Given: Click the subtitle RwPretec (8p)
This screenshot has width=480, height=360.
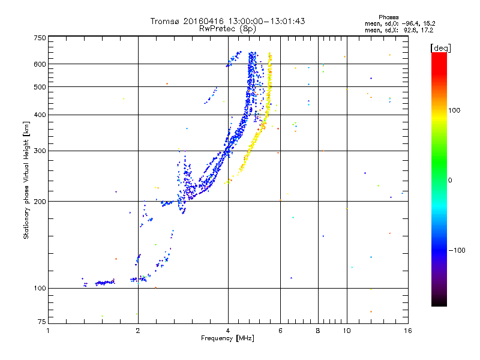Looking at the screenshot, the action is (227, 29).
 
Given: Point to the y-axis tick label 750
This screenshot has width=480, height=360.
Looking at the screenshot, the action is (40, 38).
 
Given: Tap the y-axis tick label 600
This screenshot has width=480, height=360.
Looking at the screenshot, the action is (40, 64).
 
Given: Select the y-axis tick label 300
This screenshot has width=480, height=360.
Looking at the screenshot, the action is (40, 151).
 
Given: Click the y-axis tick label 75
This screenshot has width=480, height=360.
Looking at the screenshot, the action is (42, 322).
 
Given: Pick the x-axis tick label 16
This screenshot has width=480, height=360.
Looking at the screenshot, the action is (408, 331).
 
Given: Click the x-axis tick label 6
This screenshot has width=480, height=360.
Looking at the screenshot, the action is (280, 331).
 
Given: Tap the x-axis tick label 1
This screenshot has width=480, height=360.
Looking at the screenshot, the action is (48, 331).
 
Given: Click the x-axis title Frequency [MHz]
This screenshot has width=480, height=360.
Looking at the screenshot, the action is (227, 338).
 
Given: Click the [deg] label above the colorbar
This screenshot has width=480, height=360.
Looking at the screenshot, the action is (440, 48).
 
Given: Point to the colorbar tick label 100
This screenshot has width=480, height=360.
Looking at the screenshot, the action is (454, 110).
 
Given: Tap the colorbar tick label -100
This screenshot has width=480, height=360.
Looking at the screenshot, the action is (457, 250).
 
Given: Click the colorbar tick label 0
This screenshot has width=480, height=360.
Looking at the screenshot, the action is (450, 181).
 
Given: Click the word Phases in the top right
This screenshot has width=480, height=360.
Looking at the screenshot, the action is (388, 17).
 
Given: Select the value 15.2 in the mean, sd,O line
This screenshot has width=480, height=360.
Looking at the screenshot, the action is (429, 23).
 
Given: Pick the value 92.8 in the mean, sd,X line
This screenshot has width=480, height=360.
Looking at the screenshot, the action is (410, 31).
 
